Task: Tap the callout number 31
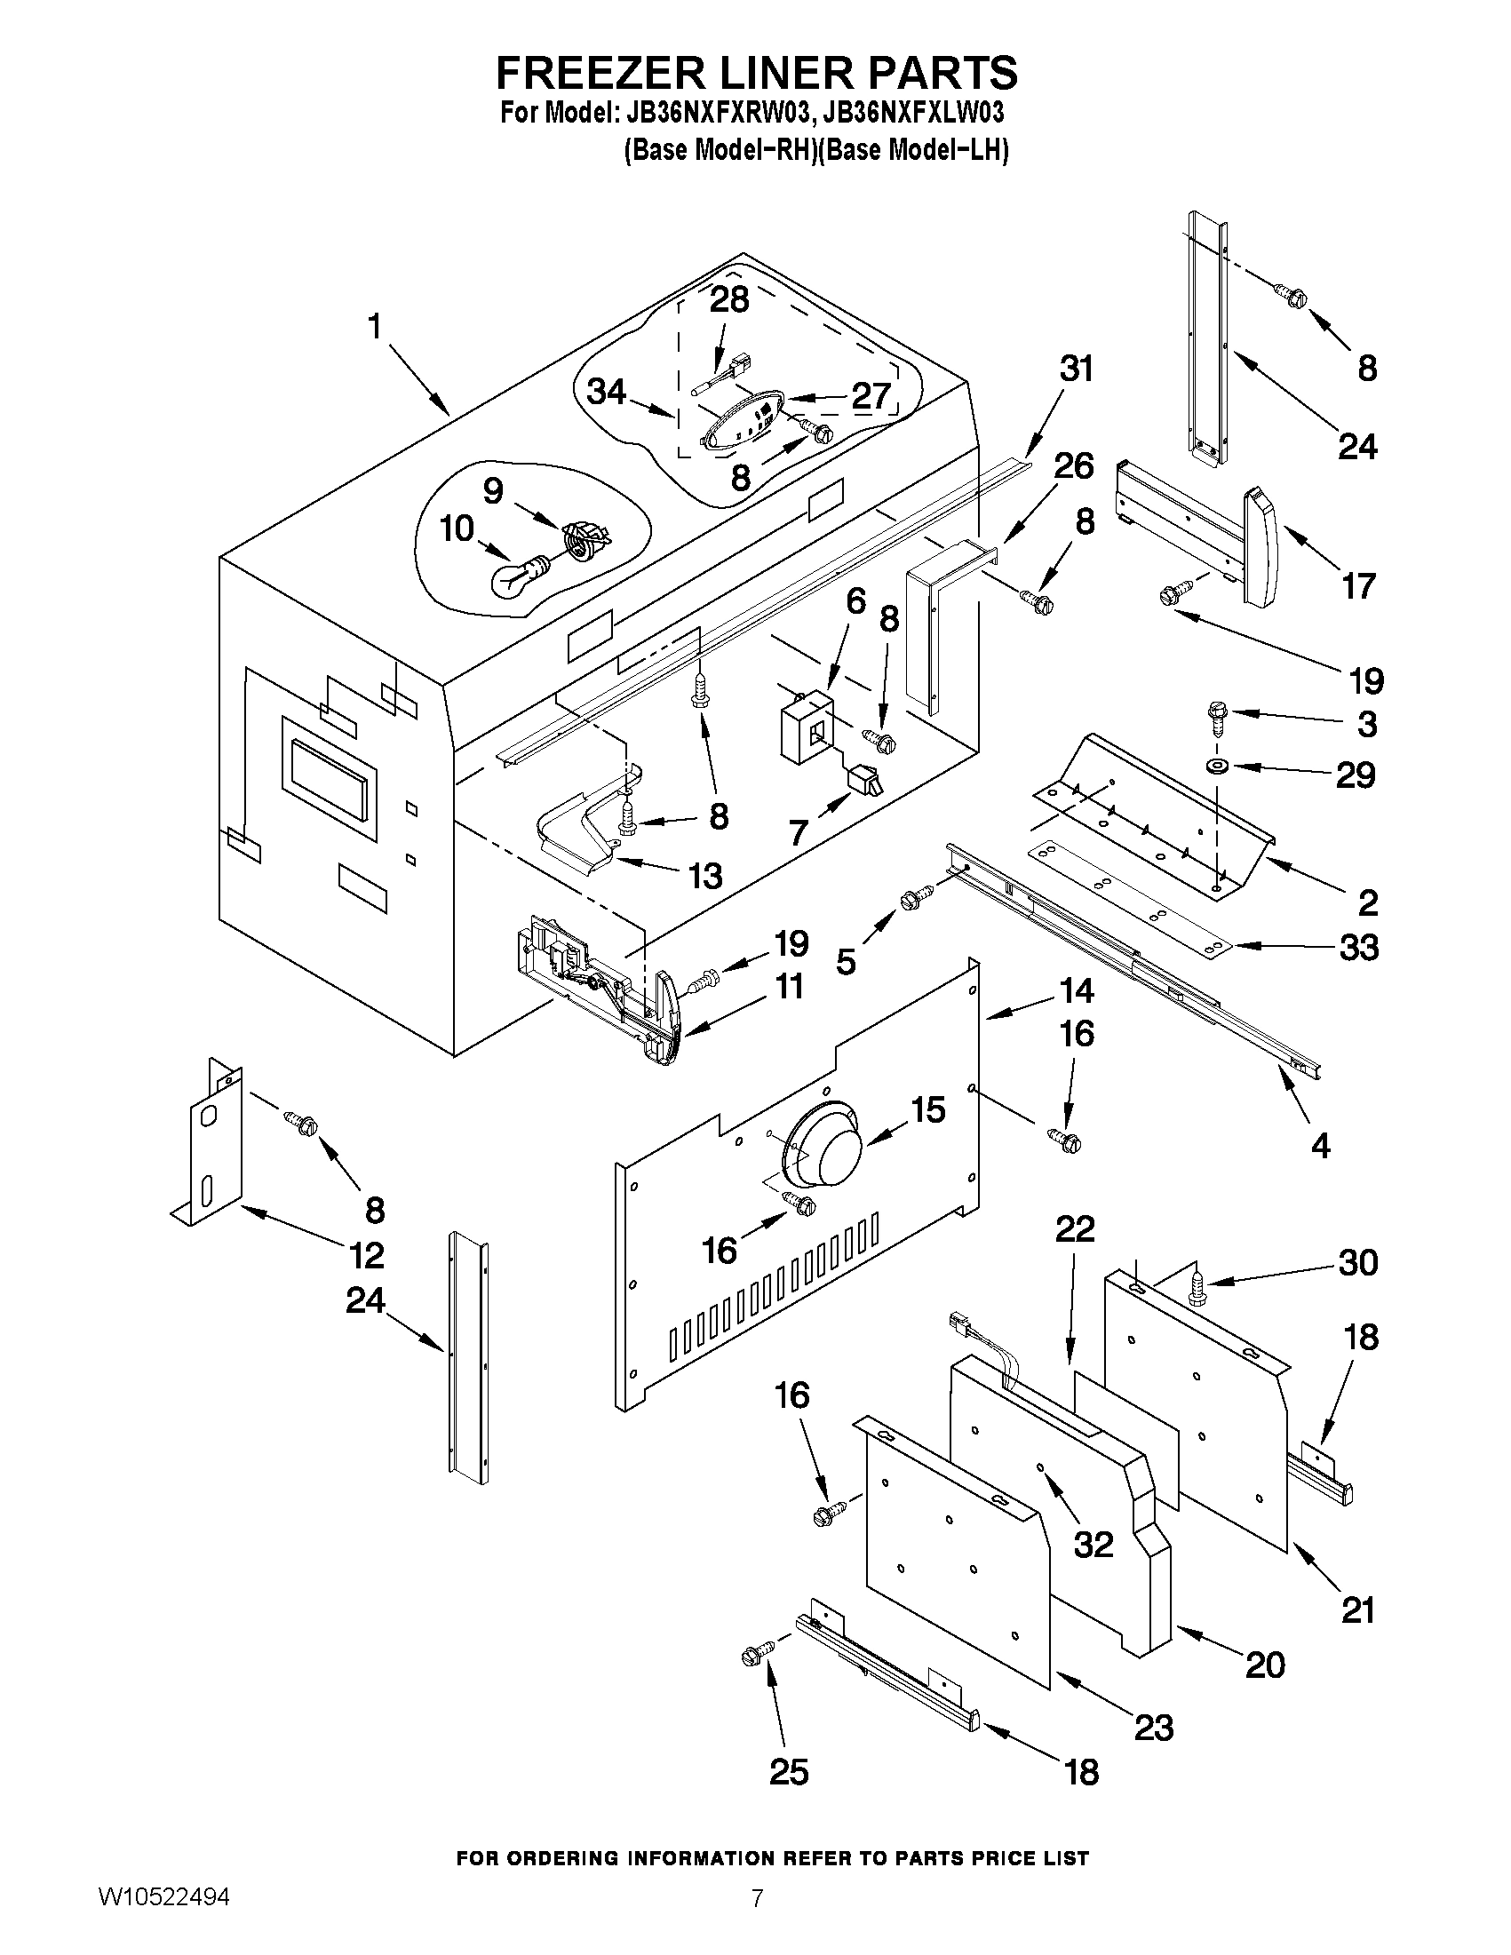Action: pyautogui.click(x=1076, y=369)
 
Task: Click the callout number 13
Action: pyautogui.click(x=705, y=876)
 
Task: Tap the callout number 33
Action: pyautogui.click(x=1359, y=947)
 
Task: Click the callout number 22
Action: pyautogui.click(x=1074, y=1229)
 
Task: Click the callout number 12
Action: pyautogui.click(x=367, y=1256)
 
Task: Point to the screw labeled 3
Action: pyautogui.click(x=1216, y=715)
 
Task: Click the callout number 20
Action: pyautogui.click(x=1265, y=1665)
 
